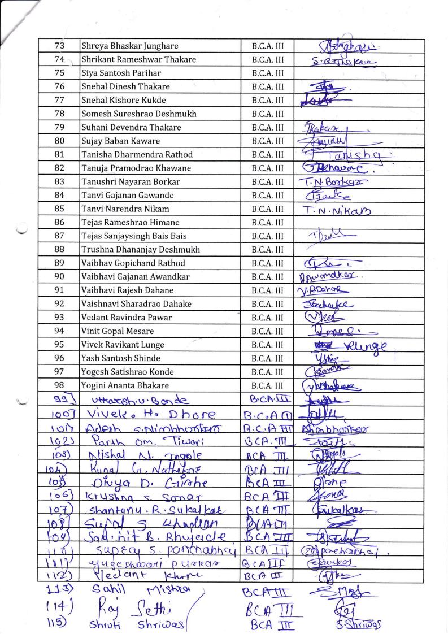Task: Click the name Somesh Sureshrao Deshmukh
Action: pyautogui.click(x=139, y=114)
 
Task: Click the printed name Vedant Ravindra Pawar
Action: pyautogui.click(x=127, y=318)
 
